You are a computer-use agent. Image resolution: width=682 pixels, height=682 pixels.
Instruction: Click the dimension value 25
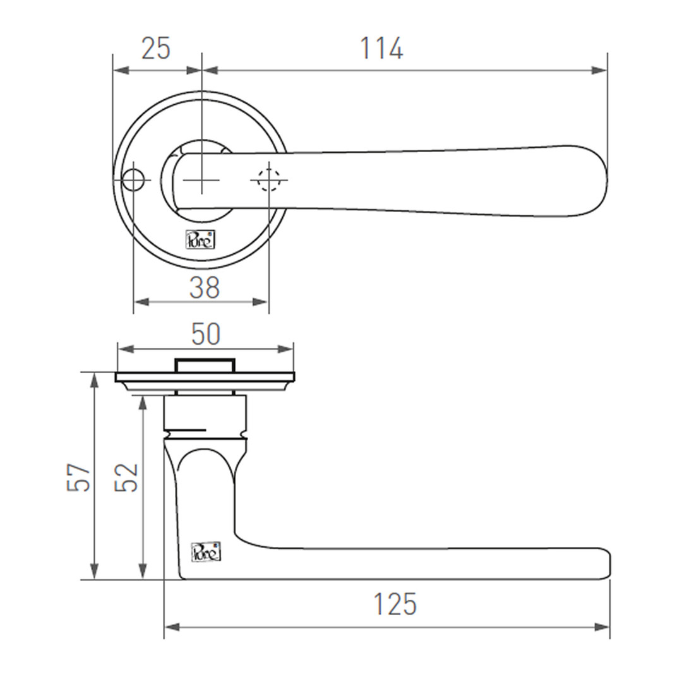[x=156, y=48]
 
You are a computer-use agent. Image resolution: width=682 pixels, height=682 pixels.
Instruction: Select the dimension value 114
[x=381, y=48]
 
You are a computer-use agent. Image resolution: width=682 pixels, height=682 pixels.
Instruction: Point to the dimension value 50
[x=206, y=334]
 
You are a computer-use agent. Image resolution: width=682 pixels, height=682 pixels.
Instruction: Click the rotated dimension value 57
[x=78, y=477]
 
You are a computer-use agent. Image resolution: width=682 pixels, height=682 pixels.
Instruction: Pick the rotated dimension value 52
[x=126, y=477]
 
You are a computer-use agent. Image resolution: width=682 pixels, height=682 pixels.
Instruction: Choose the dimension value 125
[x=395, y=604]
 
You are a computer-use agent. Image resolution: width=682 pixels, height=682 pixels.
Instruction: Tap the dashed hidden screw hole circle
[x=269, y=179]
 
